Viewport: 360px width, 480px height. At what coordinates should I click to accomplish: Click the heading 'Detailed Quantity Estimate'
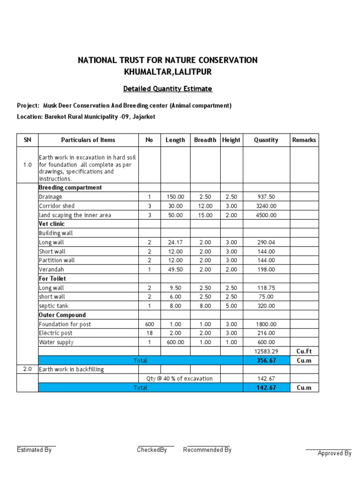pos(167,89)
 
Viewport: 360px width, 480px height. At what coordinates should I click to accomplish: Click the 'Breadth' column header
pos(205,140)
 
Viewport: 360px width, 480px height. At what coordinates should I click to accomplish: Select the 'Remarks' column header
pos(304,140)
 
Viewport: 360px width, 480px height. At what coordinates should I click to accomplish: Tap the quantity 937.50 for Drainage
pos(266,197)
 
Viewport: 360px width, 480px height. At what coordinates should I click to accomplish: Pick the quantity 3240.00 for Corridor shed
pos(266,206)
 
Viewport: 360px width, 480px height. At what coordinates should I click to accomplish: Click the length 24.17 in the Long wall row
pos(175,242)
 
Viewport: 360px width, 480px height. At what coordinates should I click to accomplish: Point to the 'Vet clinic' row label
pos(52,224)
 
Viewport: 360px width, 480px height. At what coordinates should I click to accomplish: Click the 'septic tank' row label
pos(53,306)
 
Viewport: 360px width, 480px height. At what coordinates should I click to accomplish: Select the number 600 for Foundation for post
pos(150,324)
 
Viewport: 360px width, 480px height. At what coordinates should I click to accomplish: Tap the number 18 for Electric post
pos(150,333)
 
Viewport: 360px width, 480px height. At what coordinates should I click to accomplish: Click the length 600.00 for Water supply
pos(175,342)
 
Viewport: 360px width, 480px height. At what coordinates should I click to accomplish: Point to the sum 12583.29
pos(266,351)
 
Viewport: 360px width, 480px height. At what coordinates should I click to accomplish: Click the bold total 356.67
pos(266,360)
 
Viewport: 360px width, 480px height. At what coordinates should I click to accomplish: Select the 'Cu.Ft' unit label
pos(304,351)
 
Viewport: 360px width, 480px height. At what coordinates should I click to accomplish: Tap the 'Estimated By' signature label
pos(34,450)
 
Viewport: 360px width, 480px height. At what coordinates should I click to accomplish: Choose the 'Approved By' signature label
pos(334,453)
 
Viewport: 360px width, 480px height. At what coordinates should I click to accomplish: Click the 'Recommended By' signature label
pos(207,450)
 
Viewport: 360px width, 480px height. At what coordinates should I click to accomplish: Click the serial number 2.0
pos(27,369)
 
